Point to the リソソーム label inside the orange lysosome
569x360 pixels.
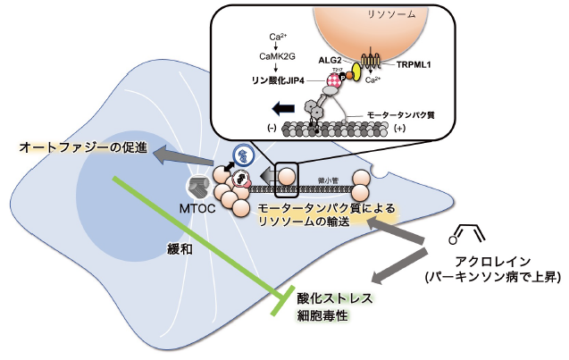(x=377, y=15)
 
